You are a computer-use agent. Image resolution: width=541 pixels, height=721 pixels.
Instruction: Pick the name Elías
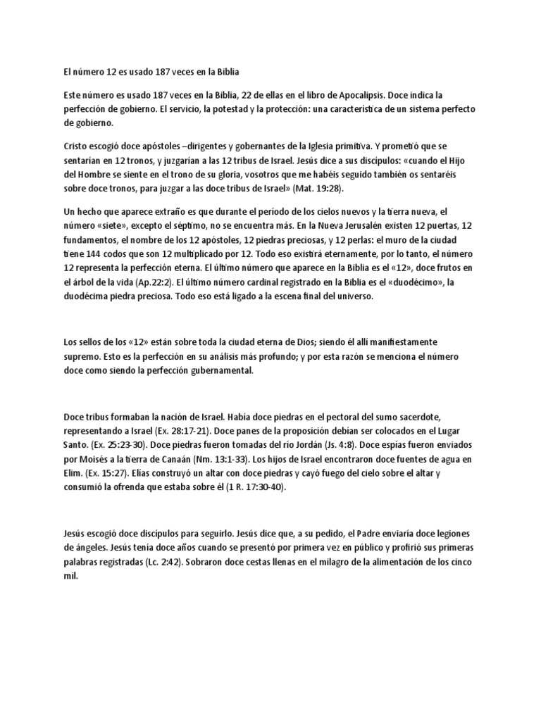130,474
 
